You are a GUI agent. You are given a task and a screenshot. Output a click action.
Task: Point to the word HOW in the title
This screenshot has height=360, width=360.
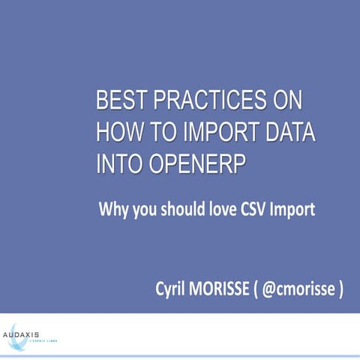tap(118, 133)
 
